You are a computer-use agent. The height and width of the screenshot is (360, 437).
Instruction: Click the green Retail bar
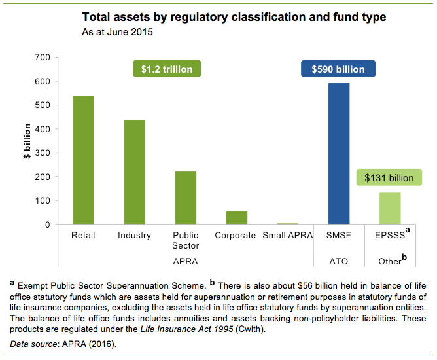pos(83,160)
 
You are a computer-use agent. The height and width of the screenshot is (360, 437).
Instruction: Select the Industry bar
pos(135,173)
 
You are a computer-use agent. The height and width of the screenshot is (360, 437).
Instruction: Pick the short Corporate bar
pos(236,218)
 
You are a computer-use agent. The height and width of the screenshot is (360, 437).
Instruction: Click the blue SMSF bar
pos(339,154)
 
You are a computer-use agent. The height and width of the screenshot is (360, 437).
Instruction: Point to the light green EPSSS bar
pos(390,209)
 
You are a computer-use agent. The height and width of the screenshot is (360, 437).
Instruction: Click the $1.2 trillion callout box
pos(166,69)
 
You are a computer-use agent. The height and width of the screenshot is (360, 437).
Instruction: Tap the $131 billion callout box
pos(385,177)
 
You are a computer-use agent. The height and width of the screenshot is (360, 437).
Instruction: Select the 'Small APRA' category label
pos(288,236)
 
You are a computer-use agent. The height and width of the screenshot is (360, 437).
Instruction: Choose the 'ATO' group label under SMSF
pos(339,261)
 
